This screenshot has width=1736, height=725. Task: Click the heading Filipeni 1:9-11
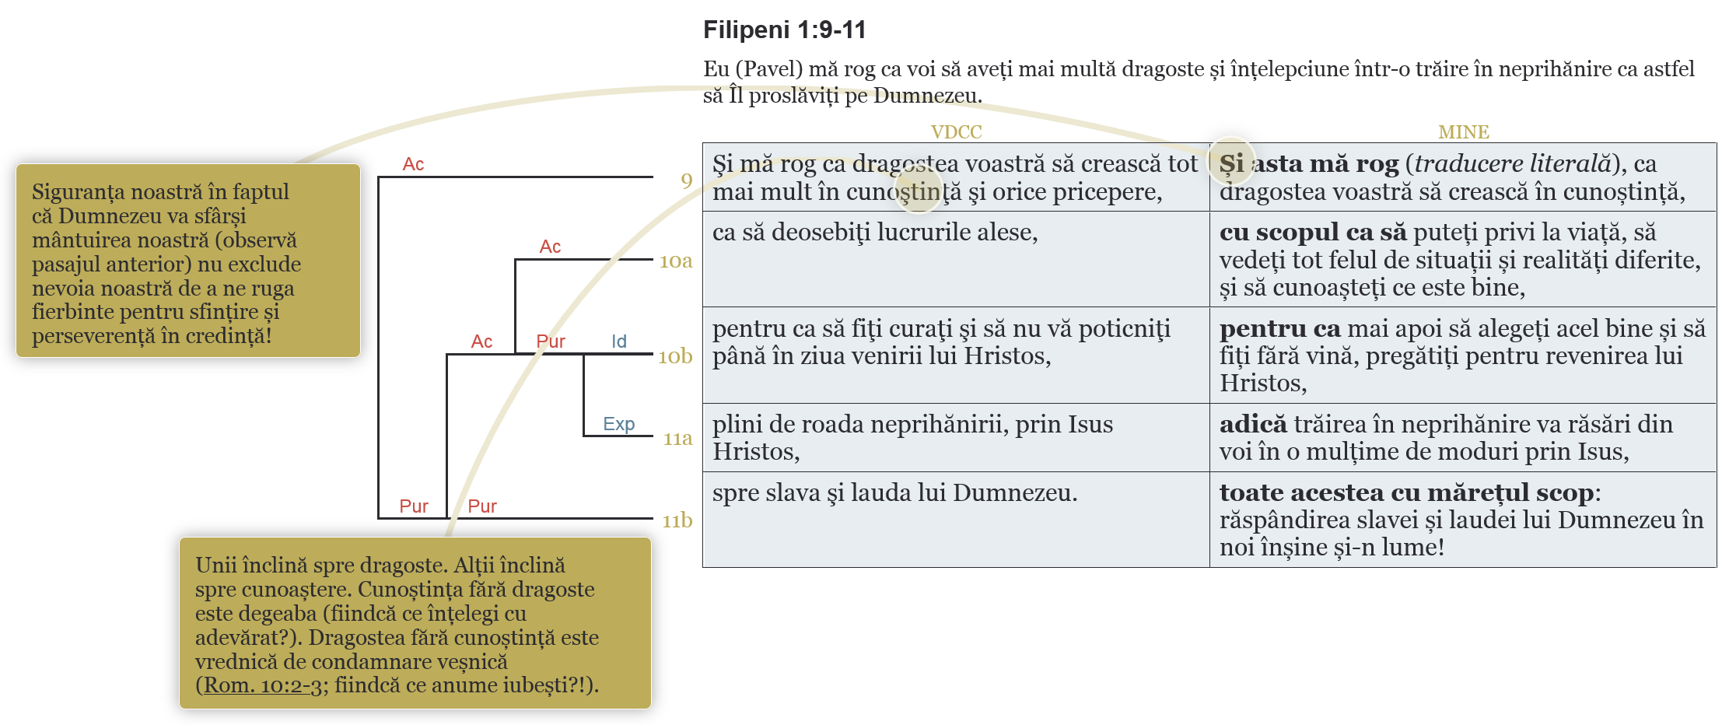pyautogui.click(x=784, y=30)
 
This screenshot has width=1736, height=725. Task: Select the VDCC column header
pyautogui.click(x=956, y=132)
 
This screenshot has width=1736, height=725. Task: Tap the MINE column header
pyautogui.click(x=1463, y=132)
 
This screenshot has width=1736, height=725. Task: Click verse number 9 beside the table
pyautogui.click(x=686, y=180)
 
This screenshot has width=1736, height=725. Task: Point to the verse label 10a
pyautogui.click(x=675, y=261)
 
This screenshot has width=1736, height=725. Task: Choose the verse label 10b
pyautogui.click(x=674, y=356)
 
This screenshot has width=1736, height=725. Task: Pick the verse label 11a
pyautogui.click(x=677, y=439)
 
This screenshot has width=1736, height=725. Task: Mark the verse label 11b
pyautogui.click(x=677, y=520)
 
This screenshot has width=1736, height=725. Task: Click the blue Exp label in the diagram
pyautogui.click(x=618, y=424)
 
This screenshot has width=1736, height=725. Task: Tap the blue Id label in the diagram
pyautogui.click(x=618, y=341)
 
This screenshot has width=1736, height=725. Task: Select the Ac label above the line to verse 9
pyautogui.click(x=413, y=164)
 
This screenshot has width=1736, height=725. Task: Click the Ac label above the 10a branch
pyautogui.click(x=550, y=247)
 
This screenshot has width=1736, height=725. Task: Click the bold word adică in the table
pyautogui.click(x=1253, y=424)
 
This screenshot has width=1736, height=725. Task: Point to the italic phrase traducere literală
pyautogui.click(x=1512, y=163)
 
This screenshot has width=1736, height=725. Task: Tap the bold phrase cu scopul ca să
pyautogui.click(x=1313, y=232)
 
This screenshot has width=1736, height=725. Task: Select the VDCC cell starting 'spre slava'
pyautogui.click(x=894, y=493)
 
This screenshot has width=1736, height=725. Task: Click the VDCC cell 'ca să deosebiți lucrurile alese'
pyautogui.click(x=875, y=233)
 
